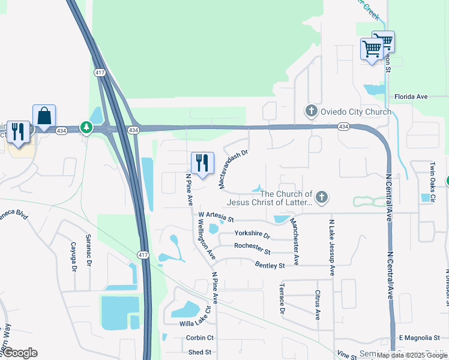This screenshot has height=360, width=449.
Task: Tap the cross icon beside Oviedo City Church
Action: (x=311, y=111)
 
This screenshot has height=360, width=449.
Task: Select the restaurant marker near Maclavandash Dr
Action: (x=202, y=163)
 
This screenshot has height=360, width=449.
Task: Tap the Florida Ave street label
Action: (x=411, y=96)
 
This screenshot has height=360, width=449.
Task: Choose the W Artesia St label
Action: (x=215, y=215)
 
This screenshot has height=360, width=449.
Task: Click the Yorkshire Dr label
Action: (x=252, y=233)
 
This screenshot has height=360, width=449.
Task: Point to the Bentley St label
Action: (x=270, y=265)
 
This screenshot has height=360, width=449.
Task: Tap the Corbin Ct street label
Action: (x=200, y=338)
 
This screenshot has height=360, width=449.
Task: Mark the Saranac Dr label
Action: (x=89, y=250)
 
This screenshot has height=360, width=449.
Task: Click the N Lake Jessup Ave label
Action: (x=331, y=247)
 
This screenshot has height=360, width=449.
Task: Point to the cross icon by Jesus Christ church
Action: (x=322, y=197)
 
